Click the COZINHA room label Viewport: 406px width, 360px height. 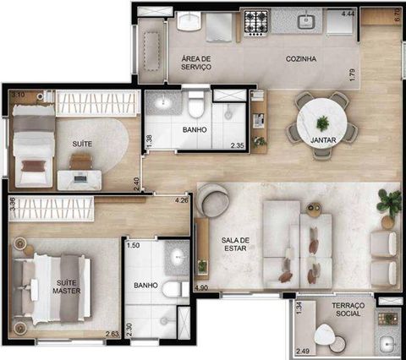300,59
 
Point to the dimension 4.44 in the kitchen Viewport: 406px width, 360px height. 348,14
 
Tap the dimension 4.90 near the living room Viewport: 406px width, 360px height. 201,288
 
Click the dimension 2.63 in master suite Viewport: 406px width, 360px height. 112,335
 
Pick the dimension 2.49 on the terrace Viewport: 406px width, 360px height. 304,351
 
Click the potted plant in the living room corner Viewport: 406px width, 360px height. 389,201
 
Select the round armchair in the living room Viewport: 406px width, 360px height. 213,200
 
